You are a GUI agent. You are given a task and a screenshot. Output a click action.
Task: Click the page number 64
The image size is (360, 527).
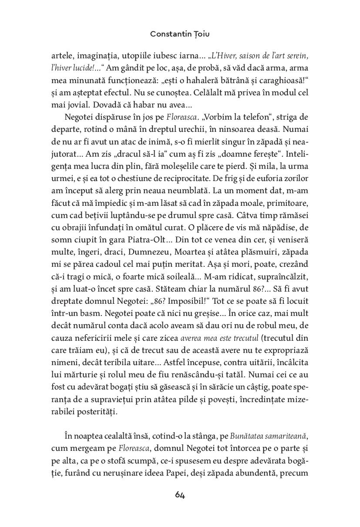pyautogui.click(x=180, y=495)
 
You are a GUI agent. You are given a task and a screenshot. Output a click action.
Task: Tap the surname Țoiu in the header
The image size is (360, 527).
pyautogui.click(x=201, y=34)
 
